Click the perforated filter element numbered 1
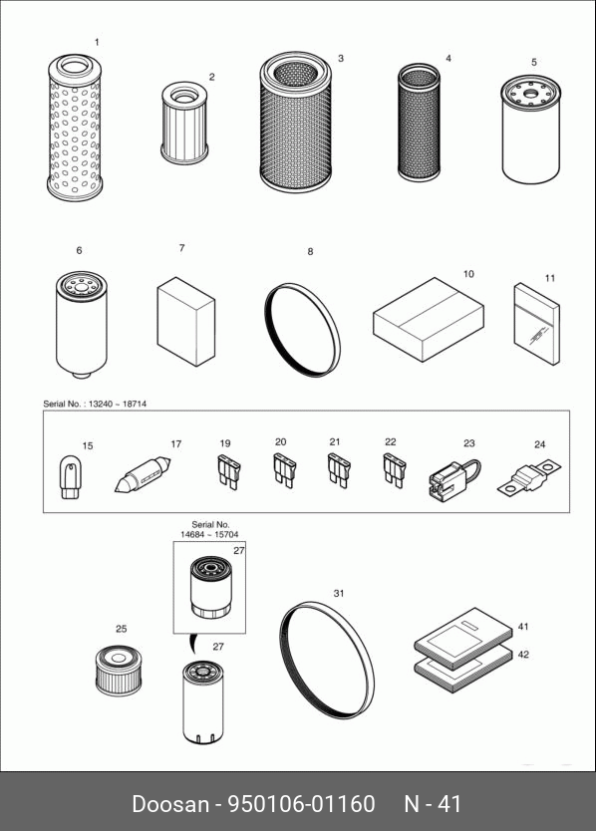(x=74, y=128)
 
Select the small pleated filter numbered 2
(x=184, y=123)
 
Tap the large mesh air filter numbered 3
(x=295, y=122)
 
